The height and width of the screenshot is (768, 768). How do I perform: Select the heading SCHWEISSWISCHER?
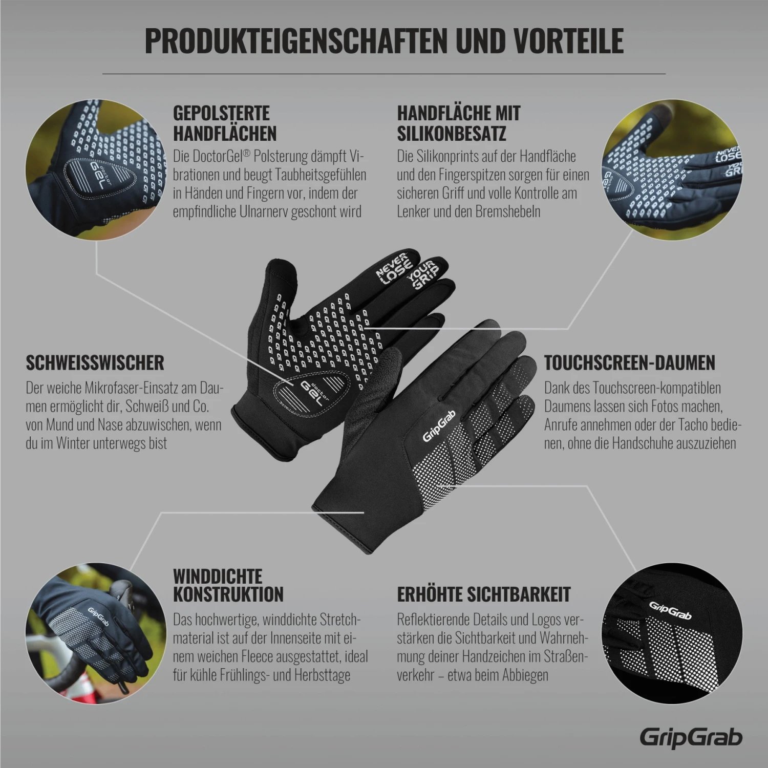(x=95, y=362)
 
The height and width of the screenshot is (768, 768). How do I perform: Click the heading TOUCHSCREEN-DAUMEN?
(x=629, y=362)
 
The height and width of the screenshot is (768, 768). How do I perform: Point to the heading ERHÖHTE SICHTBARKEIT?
(x=483, y=594)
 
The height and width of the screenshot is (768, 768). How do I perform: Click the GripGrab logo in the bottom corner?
(x=691, y=737)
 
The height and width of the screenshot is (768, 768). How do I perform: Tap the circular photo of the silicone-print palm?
(x=670, y=168)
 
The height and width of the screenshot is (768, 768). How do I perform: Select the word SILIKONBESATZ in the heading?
(x=451, y=133)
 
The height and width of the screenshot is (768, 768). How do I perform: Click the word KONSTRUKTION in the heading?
(x=228, y=594)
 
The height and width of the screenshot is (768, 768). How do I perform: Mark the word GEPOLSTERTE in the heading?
(x=221, y=113)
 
